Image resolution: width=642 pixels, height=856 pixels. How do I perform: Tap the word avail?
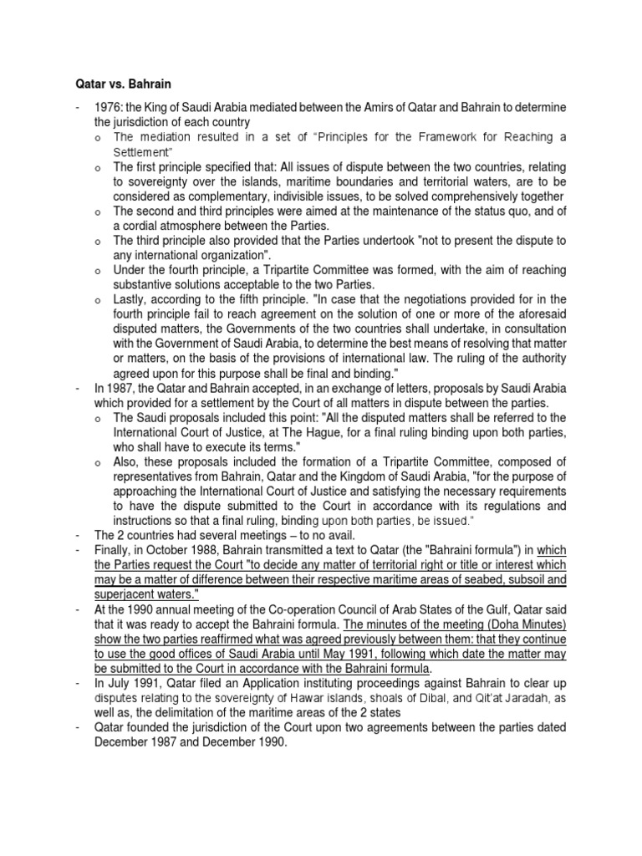335,535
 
